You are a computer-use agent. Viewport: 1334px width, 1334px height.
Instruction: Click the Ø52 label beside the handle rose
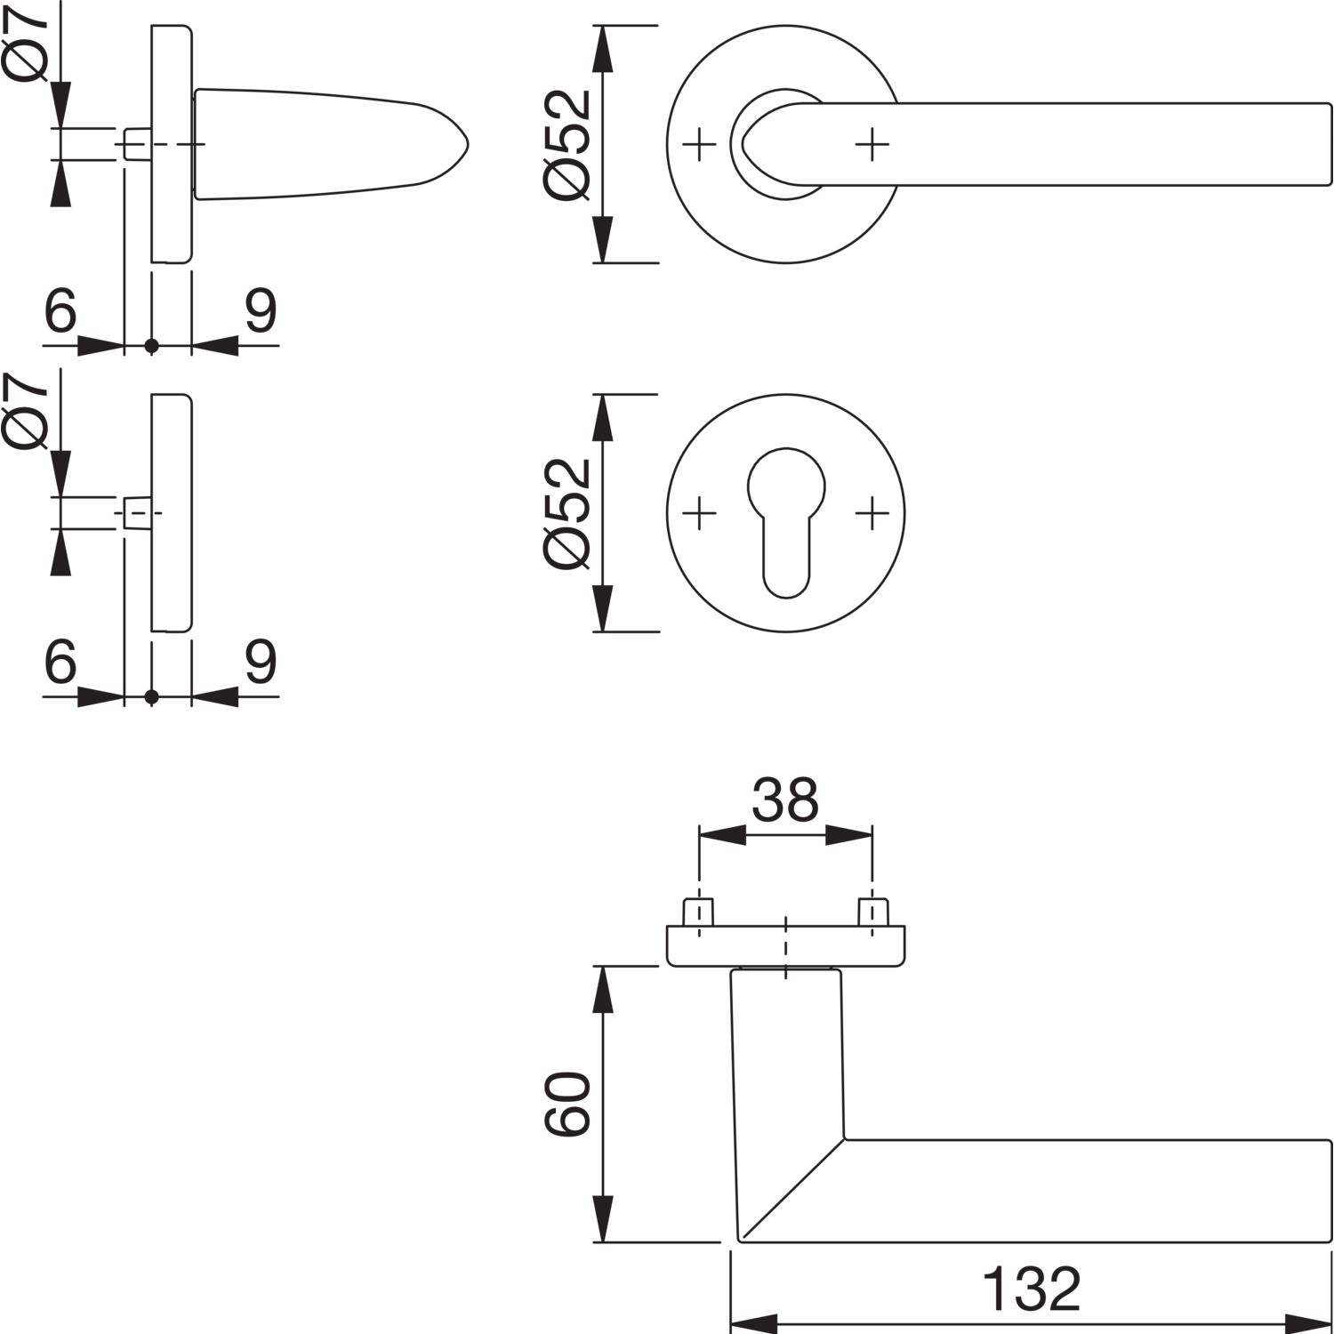(567, 144)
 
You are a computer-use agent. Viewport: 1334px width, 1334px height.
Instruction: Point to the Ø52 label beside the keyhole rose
(567, 512)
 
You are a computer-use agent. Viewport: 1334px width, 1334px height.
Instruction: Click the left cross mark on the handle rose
(699, 144)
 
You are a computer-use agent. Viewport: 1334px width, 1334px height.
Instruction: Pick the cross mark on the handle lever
(872, 144)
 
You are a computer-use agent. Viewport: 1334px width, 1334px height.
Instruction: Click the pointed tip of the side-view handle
(469, 144)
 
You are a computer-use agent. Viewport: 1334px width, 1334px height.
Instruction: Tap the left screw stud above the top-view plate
(699, 912)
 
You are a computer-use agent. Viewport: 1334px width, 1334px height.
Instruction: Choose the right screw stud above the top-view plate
(872, 912)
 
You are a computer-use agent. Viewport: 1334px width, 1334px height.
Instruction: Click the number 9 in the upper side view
(261, 310)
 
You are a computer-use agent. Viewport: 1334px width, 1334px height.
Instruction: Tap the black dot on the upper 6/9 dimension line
(152, 345)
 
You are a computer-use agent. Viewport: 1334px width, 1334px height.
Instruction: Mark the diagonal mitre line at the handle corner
(792, 1188)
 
